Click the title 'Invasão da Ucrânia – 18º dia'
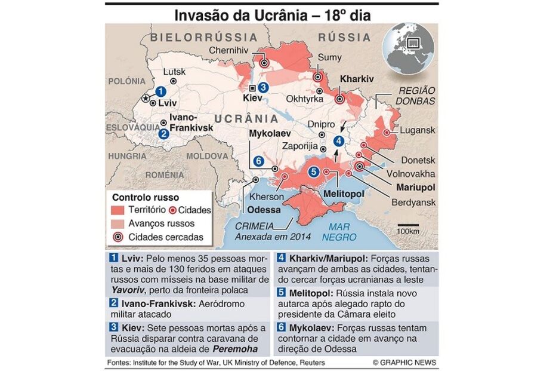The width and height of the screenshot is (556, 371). pyautogui.click(x=271, y=15)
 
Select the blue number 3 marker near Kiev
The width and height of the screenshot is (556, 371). pyautogui.click(x=263, y=87)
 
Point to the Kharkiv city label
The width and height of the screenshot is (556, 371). pyautogui.click(x=356, y=78)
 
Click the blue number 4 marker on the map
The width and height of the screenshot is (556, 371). pyautogui.click(x=338, y=141)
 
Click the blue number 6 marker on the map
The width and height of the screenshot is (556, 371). pyautogui.click(x=258, y=161)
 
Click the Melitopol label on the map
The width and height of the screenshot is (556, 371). pyautogui.click(x=344, y=195)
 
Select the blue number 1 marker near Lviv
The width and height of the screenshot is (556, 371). pyautogui.click(x=160, y=91)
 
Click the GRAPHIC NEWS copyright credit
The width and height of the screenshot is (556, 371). pyautogui.click(x=404, y=363)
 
